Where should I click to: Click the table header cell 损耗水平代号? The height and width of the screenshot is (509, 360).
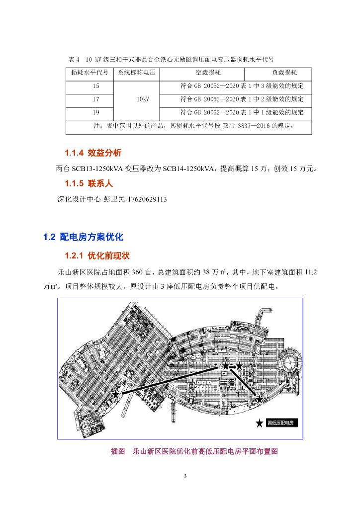pos(90,73)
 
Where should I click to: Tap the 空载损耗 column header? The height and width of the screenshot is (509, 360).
pos(208,73)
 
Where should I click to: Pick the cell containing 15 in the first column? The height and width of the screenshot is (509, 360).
pos(90,86)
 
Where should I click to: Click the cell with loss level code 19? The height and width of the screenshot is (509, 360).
pos(90,112)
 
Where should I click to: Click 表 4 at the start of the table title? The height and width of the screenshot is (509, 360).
pos(74,59)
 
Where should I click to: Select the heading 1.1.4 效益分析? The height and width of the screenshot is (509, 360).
pos(92,152)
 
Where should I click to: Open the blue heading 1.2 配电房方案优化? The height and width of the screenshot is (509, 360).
pos(83,237)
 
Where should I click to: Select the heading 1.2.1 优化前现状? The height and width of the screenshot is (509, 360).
pos(96,256)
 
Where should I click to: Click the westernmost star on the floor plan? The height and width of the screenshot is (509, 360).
pos(115,394)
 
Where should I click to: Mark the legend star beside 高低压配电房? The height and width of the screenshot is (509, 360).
pos(260,423)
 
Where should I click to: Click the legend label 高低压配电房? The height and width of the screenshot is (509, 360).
pos(281,423)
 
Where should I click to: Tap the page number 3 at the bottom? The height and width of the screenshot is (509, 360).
pos(185,477)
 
